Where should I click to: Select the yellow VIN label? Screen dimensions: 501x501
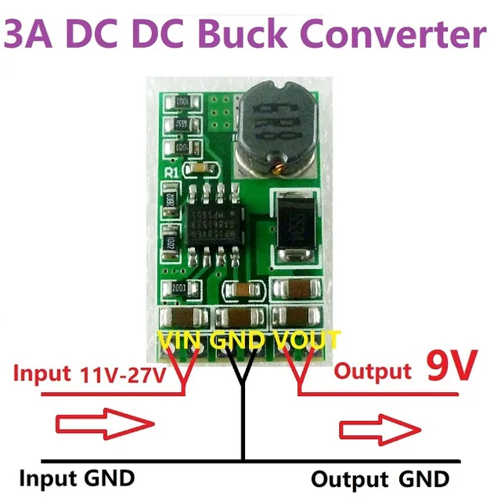(x=181, y=339)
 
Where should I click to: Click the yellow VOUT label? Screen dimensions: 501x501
(x=306, y=339)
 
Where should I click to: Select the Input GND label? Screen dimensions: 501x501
(x=77, y=477)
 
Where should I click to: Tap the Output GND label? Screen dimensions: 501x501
(x=380, y=478)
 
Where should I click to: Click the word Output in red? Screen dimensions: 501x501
(x=373, y=371)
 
